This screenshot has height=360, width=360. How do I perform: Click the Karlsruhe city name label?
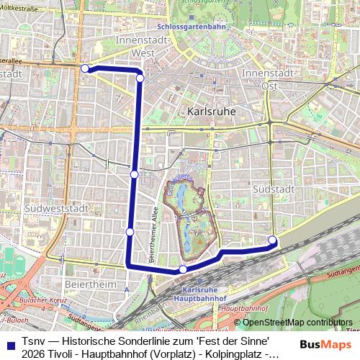pos(213,112)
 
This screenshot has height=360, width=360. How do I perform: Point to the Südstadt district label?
pos(271,187)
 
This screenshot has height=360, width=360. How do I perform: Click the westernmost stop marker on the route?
pos(85,68)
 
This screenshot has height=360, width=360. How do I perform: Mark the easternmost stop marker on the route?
pos(272,240)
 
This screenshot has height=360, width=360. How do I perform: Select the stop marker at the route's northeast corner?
pos(140,77)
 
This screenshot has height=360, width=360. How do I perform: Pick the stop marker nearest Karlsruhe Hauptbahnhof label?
pos(183,269)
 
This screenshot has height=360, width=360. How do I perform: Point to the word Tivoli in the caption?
pos(67,354)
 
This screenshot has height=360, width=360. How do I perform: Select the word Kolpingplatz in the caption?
pos(229,354)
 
